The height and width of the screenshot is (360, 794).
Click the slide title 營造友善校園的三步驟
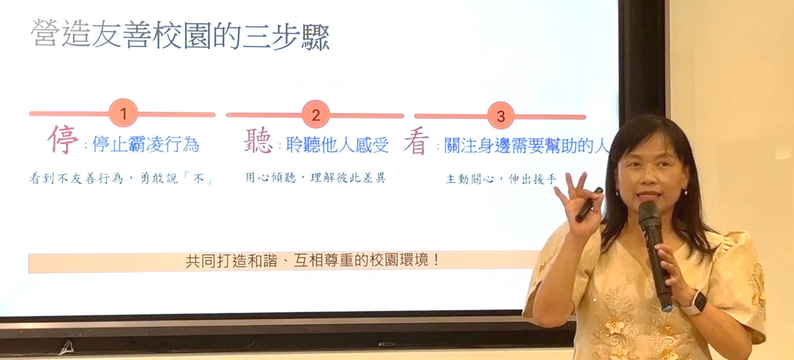180,35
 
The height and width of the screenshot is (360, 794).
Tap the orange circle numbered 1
123,113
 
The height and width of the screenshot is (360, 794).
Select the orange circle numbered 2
316,114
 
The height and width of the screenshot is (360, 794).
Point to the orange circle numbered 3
501,116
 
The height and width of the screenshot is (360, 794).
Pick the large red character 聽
258,141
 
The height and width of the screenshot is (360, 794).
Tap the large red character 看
416,142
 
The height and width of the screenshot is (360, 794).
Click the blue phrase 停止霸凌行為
145,144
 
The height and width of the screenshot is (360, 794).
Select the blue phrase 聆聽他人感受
337,144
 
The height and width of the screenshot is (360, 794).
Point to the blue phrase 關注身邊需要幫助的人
526,145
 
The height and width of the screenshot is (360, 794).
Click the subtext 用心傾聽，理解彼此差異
315,177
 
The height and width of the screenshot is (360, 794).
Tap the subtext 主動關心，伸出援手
501,179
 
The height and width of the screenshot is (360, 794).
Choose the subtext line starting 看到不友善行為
120,178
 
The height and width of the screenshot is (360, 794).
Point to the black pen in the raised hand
589,205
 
